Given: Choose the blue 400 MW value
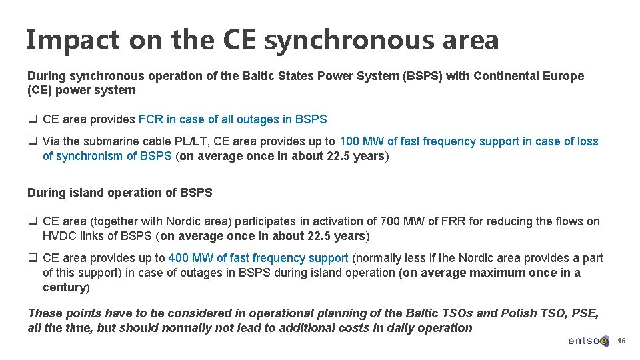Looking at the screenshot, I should (x=191, y=257).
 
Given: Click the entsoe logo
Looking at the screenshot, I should (x=588, y=341).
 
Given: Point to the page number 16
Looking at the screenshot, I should (x=621, y=341).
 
